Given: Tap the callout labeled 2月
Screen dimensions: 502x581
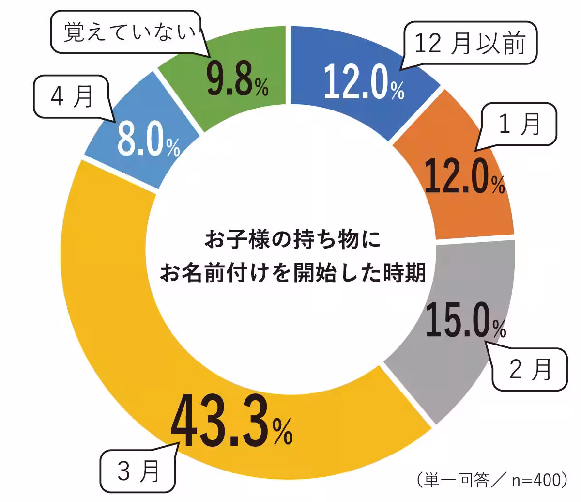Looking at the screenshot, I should tap(531, 370).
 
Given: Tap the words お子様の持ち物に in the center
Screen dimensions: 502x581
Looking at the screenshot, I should tap(292, 239).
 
